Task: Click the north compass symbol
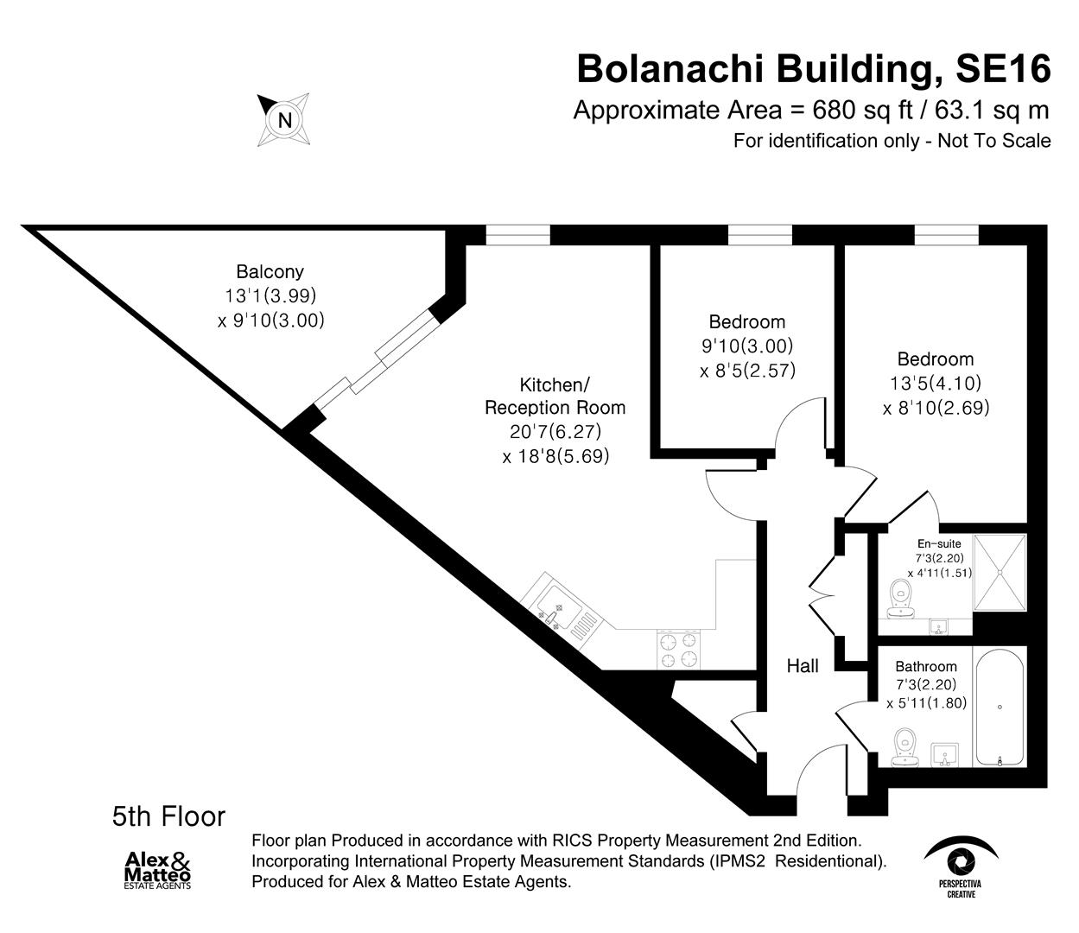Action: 284,119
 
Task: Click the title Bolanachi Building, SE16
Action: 813,68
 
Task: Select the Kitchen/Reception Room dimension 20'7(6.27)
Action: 555,431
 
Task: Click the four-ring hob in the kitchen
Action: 679,650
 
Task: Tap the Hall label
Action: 803,665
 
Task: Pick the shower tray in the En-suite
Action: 1000,572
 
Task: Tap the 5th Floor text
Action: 168,816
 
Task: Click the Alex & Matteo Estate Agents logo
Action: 157,869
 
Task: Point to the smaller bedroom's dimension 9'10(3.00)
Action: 746,346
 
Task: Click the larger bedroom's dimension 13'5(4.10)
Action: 936,383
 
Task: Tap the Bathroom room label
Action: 926,666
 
